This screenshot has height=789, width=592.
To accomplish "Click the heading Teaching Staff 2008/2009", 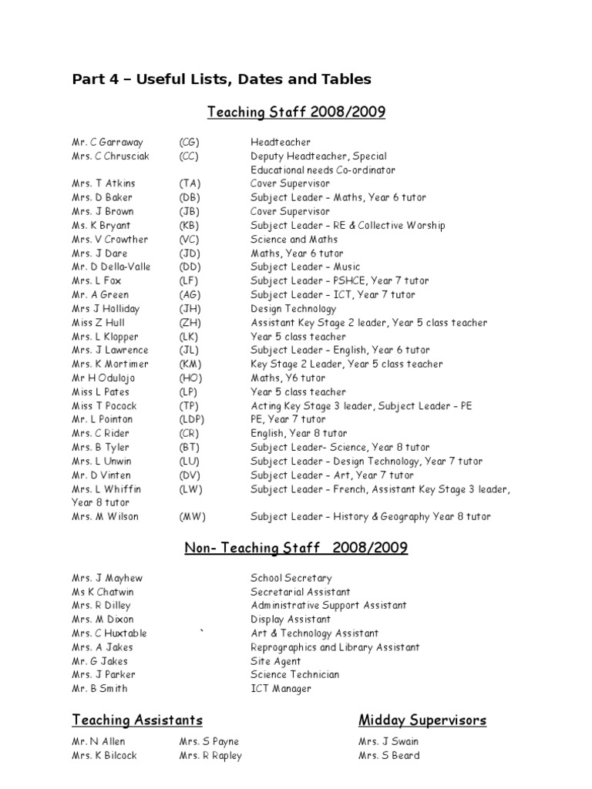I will pyautogui.click(x=296, y=113).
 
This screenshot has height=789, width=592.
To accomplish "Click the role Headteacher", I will pyautogui.click(x=281, y=143).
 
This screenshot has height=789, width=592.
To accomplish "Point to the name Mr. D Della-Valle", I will pyautogui.click(x=111, y=267).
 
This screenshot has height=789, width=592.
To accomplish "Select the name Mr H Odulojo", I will pyautogui.click(x=106, y=378).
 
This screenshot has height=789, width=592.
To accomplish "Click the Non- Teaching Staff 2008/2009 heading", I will pyautogui.click(x=296, y=549).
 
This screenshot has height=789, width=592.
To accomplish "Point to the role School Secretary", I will pyautogui.click(x=291, y=578).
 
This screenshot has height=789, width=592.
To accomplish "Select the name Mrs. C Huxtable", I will pyautogui.click(x=109, y=633).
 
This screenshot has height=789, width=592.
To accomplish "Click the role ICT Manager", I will pyautogui.click(x=281, y=689).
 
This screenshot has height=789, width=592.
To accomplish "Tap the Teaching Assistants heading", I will pyautogui.click(x=137, y=720).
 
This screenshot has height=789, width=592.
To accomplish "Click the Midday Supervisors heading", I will pyautogui.click(x=422, y=720).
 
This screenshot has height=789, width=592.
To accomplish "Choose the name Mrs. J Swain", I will pyautogui.click(x=388, y=742).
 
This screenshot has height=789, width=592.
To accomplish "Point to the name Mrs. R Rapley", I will pyautogui.click(x=210, y=756).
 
